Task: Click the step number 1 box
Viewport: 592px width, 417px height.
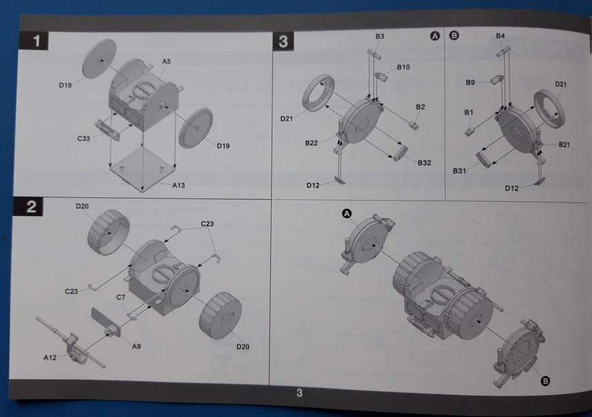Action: tap(34, 41)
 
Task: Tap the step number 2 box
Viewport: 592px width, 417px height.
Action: tap(29, 206)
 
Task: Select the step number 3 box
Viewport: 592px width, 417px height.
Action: tap(283, 41)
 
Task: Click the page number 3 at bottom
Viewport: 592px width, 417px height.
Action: tap(299, 393)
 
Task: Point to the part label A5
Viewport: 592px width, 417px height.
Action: tap(167, 61)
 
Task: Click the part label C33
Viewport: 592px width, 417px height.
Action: tap(84, 138)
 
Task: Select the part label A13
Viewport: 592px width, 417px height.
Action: tap(178, 185)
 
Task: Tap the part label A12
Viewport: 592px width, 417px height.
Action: tap(50, 357)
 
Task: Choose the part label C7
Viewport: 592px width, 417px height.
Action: tap(121, 298)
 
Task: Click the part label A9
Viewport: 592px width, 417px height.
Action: tap(136, 347)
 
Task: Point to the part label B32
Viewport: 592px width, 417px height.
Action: tap(425, 163)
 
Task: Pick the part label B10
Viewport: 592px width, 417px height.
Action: tap(403, 67)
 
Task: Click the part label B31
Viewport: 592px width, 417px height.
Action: tap(459, 171)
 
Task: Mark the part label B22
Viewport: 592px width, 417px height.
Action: tap(312, 143)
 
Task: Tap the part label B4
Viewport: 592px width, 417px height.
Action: tap(500, 36)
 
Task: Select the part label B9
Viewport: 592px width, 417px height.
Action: tap(470, 82)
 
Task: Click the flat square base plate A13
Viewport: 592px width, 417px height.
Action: tap(143, 168)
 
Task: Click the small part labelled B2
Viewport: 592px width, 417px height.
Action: tap(414, 126)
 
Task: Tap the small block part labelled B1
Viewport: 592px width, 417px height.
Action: tap(470, 132)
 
